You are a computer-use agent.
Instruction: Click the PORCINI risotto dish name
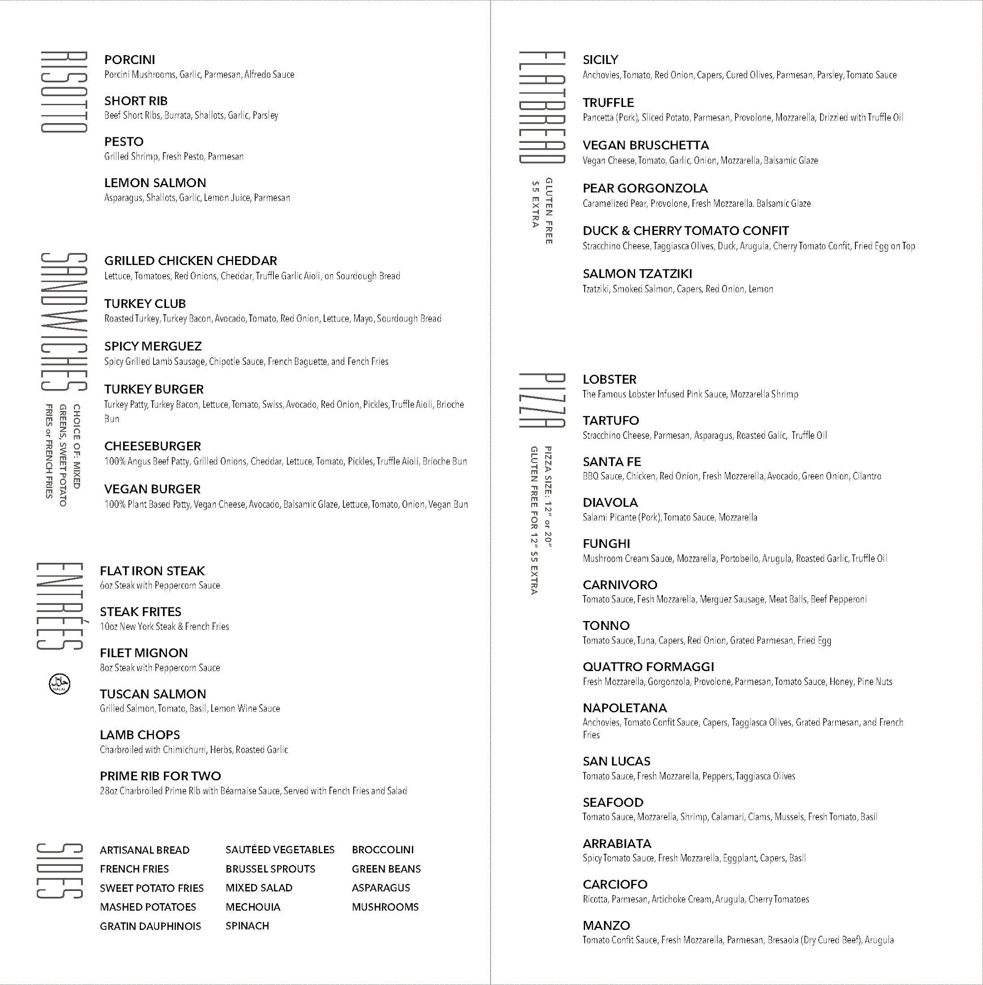(130, 60)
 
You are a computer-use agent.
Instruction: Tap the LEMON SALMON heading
(155, 183)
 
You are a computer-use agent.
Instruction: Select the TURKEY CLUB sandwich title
(145, 304)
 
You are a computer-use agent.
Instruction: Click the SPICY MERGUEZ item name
(153, 347)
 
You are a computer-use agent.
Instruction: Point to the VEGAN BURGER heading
(153, 490)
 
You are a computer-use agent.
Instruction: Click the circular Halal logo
(60, 684)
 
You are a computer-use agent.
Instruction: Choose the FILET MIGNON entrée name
(144, 653)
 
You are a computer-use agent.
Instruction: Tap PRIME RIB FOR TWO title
(160, 777)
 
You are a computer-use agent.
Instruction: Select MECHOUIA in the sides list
(253, 907)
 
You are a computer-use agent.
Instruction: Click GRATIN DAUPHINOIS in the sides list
(150, 926)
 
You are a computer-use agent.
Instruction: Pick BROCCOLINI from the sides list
(383, 850)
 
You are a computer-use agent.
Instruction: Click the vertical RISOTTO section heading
(64, 92)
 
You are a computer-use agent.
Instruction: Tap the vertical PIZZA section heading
(541, 401)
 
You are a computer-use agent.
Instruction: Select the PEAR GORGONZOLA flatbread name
(645, 189)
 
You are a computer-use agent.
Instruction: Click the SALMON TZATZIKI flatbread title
(637, 274)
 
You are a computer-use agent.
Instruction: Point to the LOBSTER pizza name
(609, 380)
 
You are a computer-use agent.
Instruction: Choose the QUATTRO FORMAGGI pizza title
(648, 667)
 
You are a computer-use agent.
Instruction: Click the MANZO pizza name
(606, 925)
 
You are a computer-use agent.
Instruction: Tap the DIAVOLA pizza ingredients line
(670, 518)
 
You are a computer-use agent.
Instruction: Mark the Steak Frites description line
(164, 626)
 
